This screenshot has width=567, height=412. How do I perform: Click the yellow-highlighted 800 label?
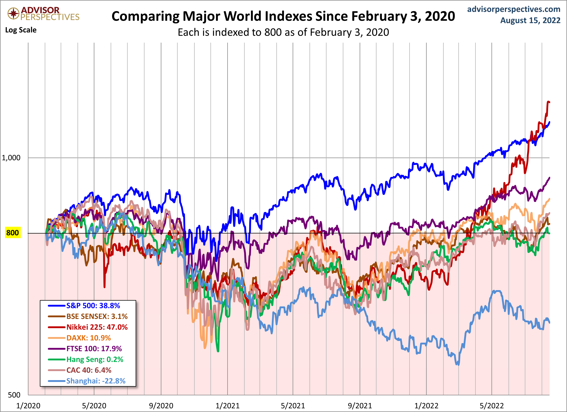coord(12,233)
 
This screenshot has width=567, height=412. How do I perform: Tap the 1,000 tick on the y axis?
coord(11,158)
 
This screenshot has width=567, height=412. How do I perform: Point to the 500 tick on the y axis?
coord(14,395)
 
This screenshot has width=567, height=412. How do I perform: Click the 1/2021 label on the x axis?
coord(227,405)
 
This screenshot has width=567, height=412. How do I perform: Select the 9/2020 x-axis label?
coord(161,405)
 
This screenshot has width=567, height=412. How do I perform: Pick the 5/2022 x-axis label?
coord(491,405)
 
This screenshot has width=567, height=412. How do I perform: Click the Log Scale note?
coord(21,30)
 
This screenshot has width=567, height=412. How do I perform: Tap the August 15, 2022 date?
coord(530,20)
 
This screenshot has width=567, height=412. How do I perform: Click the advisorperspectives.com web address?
coord(514,9)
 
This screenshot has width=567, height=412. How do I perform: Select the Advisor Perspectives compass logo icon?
coord(13,13)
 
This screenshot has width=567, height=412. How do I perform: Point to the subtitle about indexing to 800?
coord(283,32)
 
